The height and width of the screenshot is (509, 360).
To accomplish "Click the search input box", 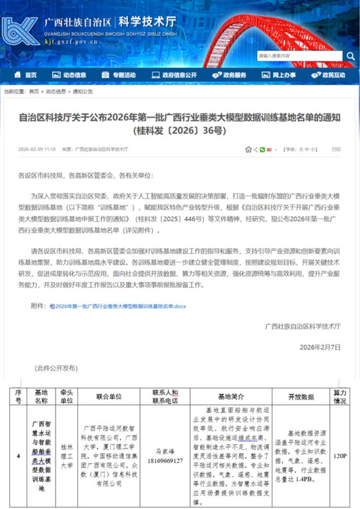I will [300, 56].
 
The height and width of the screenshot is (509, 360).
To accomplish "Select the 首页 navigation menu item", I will [26, 75].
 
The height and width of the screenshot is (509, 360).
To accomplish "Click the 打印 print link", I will [336, 149].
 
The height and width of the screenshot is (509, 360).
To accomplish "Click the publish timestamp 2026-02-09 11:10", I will [37, 149].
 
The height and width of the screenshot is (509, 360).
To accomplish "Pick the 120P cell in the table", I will [340, 456].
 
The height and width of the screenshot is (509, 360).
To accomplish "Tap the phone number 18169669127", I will [165, 460].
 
